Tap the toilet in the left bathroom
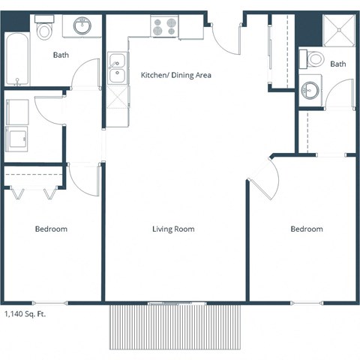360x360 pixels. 44,29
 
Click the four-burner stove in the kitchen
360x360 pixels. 164,27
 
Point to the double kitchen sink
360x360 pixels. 117,68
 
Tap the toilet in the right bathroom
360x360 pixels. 315,59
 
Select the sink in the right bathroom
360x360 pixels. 310,91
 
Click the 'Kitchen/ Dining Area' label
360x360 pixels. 176,75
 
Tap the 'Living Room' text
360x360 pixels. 173,229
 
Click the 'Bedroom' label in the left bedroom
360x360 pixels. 51,229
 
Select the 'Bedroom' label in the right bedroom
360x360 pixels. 307,229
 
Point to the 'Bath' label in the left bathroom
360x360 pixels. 61,55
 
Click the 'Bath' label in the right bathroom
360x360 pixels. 338,64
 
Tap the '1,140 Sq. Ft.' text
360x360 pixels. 25,315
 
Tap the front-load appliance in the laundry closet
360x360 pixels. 16,139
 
